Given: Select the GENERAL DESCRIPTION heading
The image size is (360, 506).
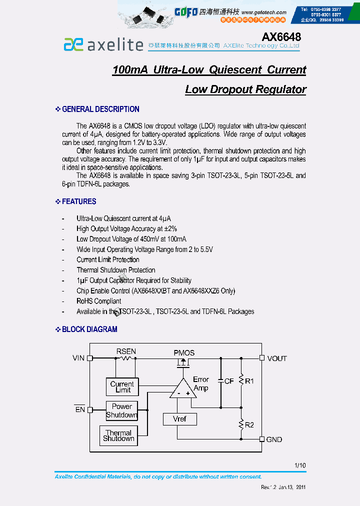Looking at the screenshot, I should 100,109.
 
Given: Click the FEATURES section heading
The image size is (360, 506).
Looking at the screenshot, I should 79,201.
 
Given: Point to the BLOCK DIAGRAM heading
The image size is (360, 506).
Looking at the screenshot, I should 89,329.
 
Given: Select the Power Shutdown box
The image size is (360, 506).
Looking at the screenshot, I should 122,410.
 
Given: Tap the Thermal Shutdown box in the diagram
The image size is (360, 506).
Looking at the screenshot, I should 118,435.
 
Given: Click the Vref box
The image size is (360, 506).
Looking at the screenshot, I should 180,419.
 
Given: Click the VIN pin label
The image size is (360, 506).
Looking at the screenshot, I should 78,358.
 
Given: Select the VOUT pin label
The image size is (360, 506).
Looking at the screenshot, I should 277,358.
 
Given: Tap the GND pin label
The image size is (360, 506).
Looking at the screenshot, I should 274,439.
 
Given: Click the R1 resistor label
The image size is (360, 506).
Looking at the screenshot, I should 249,381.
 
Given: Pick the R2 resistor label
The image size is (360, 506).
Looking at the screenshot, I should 249,424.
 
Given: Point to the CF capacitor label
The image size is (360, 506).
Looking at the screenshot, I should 229,381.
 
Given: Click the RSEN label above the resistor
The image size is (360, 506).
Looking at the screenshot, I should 126,351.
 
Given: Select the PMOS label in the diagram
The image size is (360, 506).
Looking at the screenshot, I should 184,352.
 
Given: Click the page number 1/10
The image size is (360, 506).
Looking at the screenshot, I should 300,465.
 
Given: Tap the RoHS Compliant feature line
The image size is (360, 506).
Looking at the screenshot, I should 98,301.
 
